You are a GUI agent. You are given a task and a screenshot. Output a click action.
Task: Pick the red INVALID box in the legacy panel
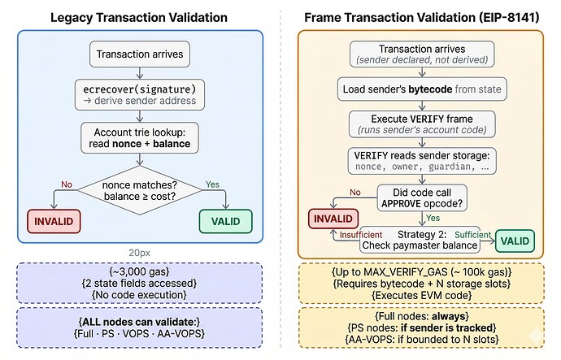[54, 221]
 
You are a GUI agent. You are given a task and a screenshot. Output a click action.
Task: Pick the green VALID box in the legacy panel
[225, 221]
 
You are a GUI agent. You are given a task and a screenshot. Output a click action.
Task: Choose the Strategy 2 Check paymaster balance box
[419, 239]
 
